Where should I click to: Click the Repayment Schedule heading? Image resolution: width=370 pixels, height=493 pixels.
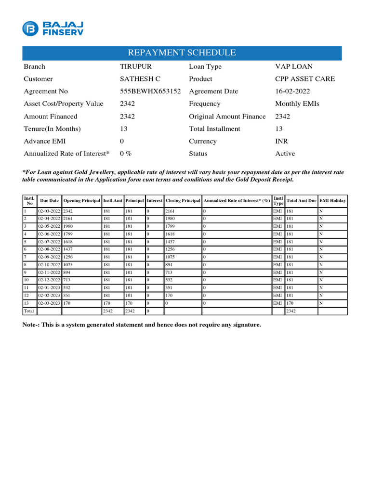click(x=182, y=53)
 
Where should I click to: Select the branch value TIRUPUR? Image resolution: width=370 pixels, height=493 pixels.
click(x=136, y=66)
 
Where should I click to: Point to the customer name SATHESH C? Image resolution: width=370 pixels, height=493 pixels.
click(x=140, y=79)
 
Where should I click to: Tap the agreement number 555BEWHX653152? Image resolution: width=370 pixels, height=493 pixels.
click(x=150, y=91)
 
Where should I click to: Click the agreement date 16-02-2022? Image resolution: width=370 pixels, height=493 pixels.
click(x=292, y=91)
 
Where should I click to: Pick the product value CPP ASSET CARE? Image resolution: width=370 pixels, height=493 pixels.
click(x=305, y=79)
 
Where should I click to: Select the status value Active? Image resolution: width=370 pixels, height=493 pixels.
click(x=285, y=154)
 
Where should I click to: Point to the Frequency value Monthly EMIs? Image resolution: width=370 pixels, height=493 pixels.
click(x=297, y=104)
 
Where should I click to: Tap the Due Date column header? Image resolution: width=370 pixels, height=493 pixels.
click(x=50, y=200)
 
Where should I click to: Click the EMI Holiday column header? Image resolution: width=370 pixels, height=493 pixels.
click(x=332, y=200)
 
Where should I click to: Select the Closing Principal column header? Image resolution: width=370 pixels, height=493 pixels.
click(x=183, y=200)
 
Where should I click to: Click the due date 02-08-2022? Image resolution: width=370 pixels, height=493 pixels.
click(x=50, y=249)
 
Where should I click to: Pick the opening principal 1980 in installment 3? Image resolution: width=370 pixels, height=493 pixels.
click(x=68, y=226)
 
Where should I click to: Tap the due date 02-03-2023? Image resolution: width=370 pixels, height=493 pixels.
click(x=50, y=303)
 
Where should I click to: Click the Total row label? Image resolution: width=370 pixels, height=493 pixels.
click(x=29, y=311)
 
